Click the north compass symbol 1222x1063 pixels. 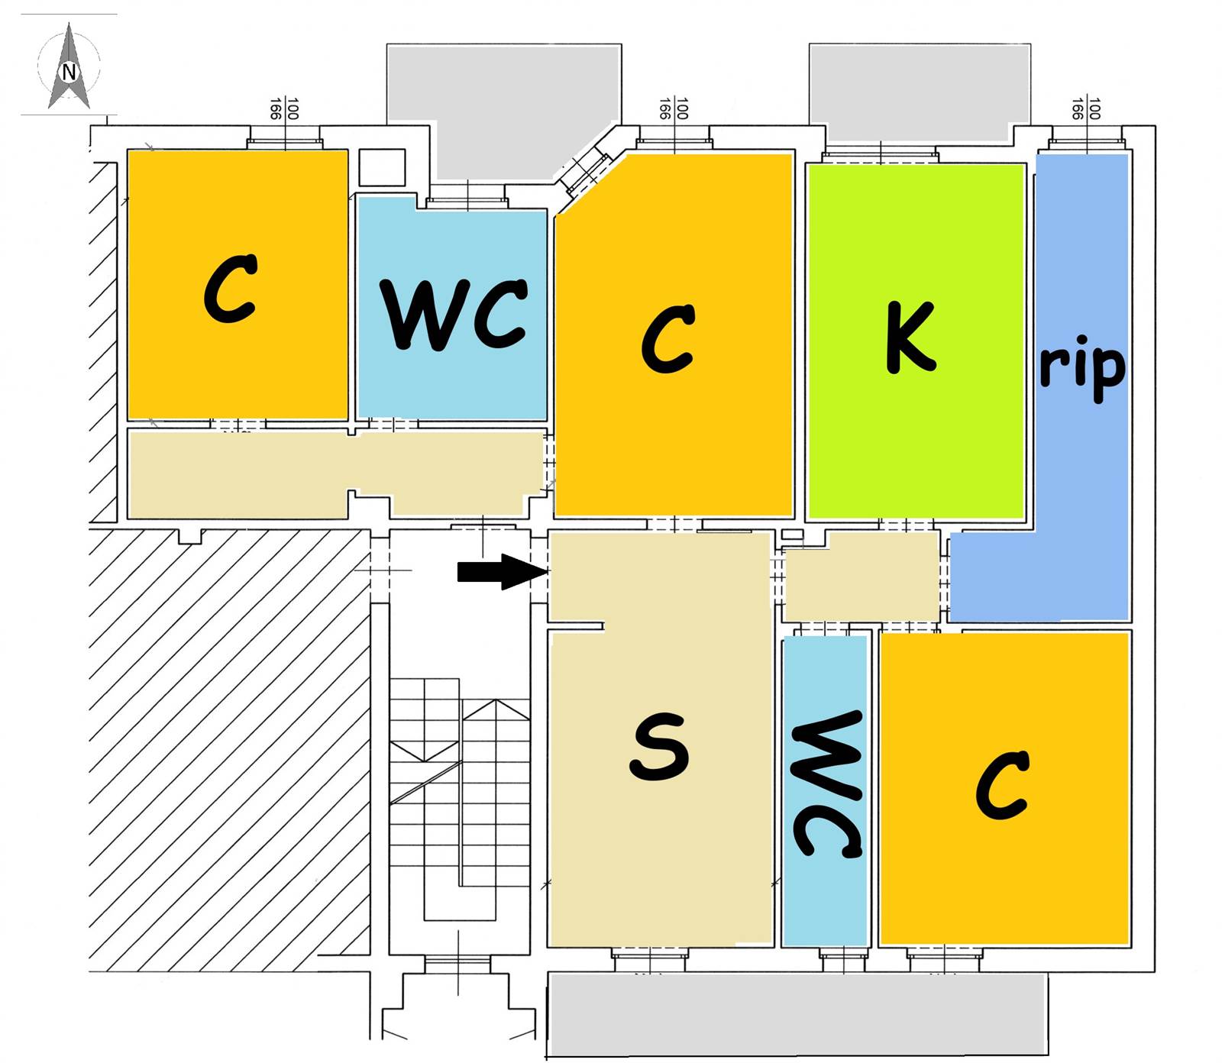tap(69, 68)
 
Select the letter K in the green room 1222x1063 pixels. tap(910, 337)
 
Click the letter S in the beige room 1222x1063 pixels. tap(659, 747)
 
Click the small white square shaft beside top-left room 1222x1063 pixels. tap(381, 167)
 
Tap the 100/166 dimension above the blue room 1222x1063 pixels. tap(1085, 109)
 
